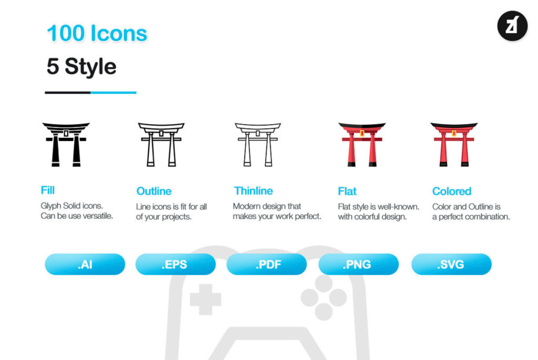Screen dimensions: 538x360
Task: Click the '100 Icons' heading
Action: coord(97,33)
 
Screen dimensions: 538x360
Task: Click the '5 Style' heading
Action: coord(81,66)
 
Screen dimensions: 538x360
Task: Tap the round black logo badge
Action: coord(512,26)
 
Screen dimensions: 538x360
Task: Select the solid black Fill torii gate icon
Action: coord(66,145)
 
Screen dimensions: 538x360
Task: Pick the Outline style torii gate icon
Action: coord(161,145)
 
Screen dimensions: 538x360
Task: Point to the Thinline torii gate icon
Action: coord(257,145)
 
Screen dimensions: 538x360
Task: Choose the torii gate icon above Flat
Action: coord(362,145)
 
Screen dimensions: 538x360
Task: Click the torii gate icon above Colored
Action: coord(454,145)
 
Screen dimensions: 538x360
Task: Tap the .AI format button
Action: coord(85,264)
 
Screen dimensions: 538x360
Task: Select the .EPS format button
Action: coord(175,264)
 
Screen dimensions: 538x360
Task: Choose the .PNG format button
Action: coord(358,264)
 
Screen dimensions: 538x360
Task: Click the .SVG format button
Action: coord(451,264)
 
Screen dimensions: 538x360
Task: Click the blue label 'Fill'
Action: coord(48,190)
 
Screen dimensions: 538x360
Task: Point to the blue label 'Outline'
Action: coord(154,191)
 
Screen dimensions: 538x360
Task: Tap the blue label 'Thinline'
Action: coord(253,191)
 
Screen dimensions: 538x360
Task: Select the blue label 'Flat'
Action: coord(347,191)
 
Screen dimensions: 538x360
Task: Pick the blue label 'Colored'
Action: coord(451,191)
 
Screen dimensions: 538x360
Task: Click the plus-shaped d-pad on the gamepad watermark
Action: coord(205,299)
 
